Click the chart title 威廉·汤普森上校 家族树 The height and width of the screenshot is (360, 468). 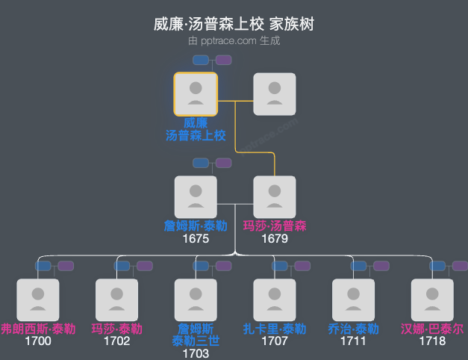(x=234, y=25)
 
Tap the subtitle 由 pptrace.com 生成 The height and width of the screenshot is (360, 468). (x=234, y=41)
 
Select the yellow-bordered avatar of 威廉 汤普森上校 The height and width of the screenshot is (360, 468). (x=196, y=94)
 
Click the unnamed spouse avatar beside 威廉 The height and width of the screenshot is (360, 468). (x=275, y=94)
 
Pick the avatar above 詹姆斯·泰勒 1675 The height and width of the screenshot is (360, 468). (x=196, y=197)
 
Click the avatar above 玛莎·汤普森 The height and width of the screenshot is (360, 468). (x=275, y=197)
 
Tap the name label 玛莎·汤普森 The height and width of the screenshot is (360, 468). (x=275, y=226)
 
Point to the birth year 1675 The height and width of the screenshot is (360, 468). (x=196, y=239)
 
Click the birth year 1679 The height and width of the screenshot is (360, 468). (x=275, y=239)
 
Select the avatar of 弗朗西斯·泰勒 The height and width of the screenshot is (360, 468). (x=37, y=300)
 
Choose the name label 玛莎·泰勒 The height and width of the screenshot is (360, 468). (x=116, y=329)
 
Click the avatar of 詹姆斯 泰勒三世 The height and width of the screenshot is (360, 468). (x=196, y=300)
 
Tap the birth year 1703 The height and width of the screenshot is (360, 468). (x=196, y=353)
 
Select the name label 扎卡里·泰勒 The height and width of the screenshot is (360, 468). (x=275, y=329)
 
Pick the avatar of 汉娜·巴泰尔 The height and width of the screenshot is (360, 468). (x=432, y=300)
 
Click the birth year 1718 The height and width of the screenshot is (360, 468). (x=432, y=341)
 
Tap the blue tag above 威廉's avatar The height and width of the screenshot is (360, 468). (x=201, y=60)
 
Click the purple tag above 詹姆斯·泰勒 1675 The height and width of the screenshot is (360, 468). (x=223, y=163)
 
